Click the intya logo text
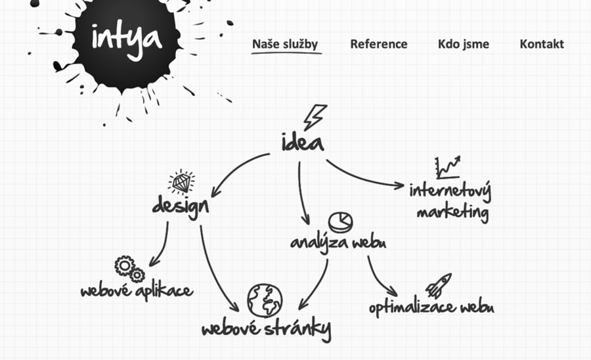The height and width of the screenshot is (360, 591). [126, 38]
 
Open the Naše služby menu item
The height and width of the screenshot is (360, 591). [285, 44]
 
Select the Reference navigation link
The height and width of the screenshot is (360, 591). [378, 44]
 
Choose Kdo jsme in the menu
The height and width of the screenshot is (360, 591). [463, 44]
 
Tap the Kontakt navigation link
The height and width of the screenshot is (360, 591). [541, 44]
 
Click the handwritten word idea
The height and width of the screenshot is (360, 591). [302, 141]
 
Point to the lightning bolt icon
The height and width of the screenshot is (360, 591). [315, 117]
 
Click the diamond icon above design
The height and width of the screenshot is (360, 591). [181, 181]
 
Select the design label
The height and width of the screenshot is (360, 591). [180, 206]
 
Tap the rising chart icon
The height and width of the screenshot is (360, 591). [447, 168]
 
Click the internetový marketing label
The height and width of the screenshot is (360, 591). [450, 202]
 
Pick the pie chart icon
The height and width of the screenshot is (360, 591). [340, 221]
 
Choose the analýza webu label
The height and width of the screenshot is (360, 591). [338, 242]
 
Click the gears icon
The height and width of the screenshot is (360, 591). [129, 269]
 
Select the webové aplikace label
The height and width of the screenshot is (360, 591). [137, 290]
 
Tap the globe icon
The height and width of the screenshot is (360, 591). [265, 300]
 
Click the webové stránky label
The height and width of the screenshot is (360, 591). [266, 328]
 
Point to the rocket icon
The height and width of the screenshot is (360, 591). [438, 286]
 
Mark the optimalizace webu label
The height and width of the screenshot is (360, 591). [431, 307]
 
